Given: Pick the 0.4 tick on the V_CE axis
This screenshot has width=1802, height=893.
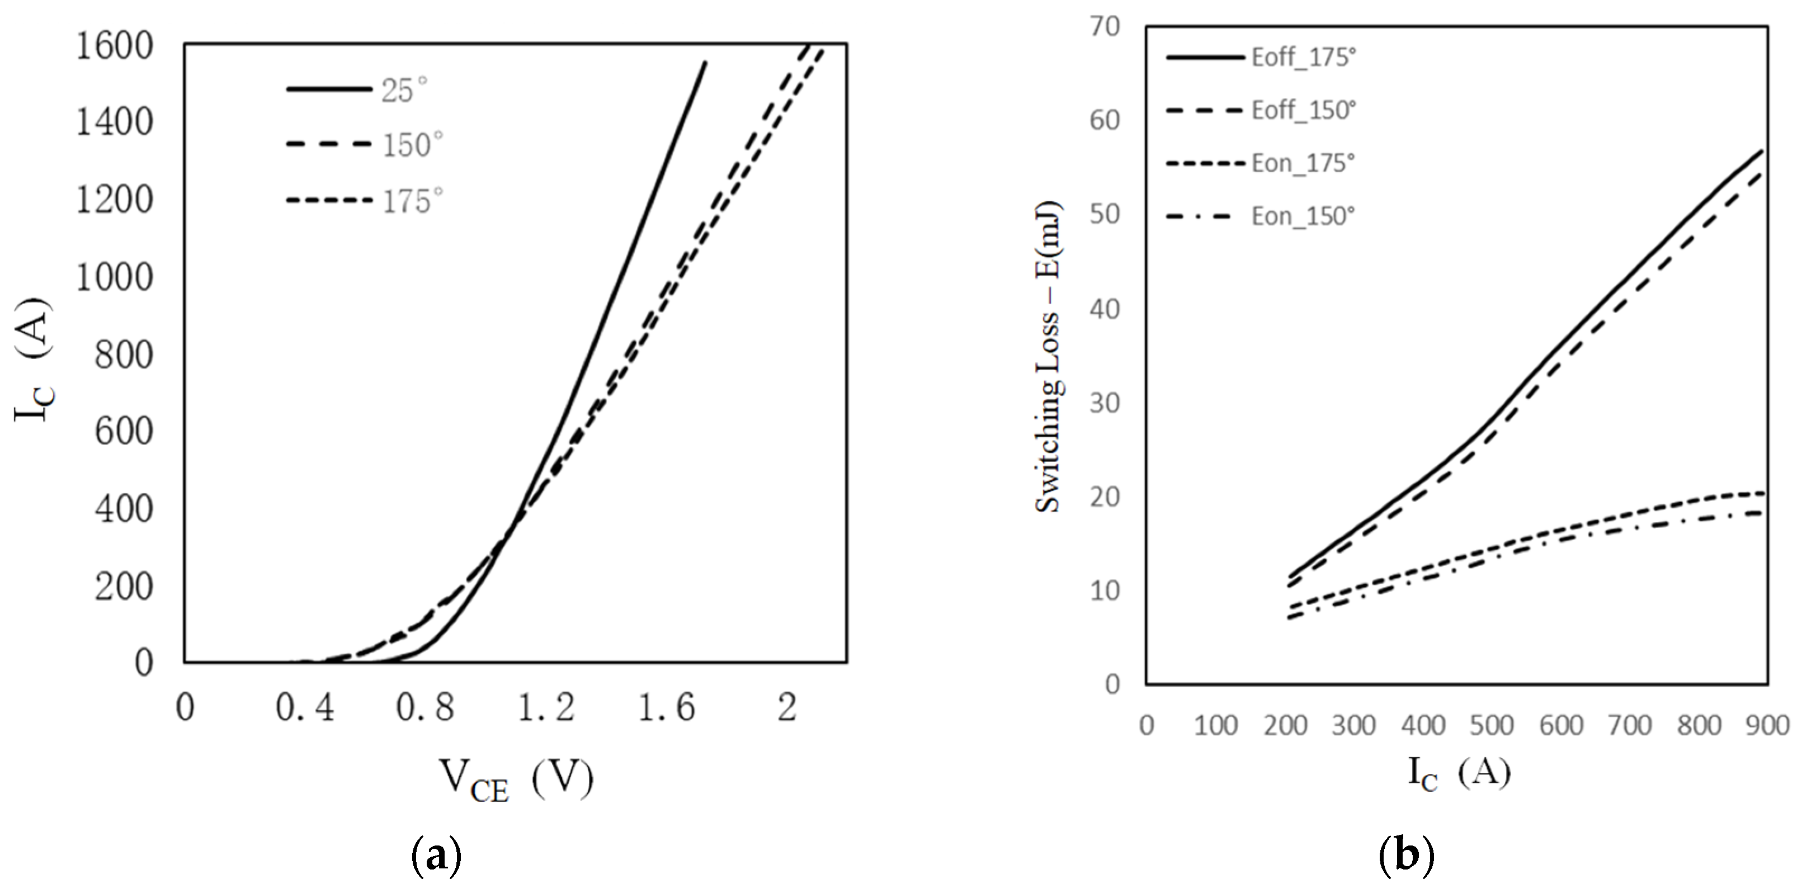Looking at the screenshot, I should point(305,708).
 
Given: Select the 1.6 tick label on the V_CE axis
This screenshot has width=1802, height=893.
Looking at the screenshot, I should point(667,708).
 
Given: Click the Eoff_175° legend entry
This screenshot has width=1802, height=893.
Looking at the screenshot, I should point(1304,58).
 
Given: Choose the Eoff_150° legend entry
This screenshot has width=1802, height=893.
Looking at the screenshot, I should point(1304,111).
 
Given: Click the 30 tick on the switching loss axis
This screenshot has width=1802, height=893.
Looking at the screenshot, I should point(1105,404).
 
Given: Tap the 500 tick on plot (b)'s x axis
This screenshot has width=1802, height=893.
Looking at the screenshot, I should point(1492,726).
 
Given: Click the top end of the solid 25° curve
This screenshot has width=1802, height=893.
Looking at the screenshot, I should point(705,63).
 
